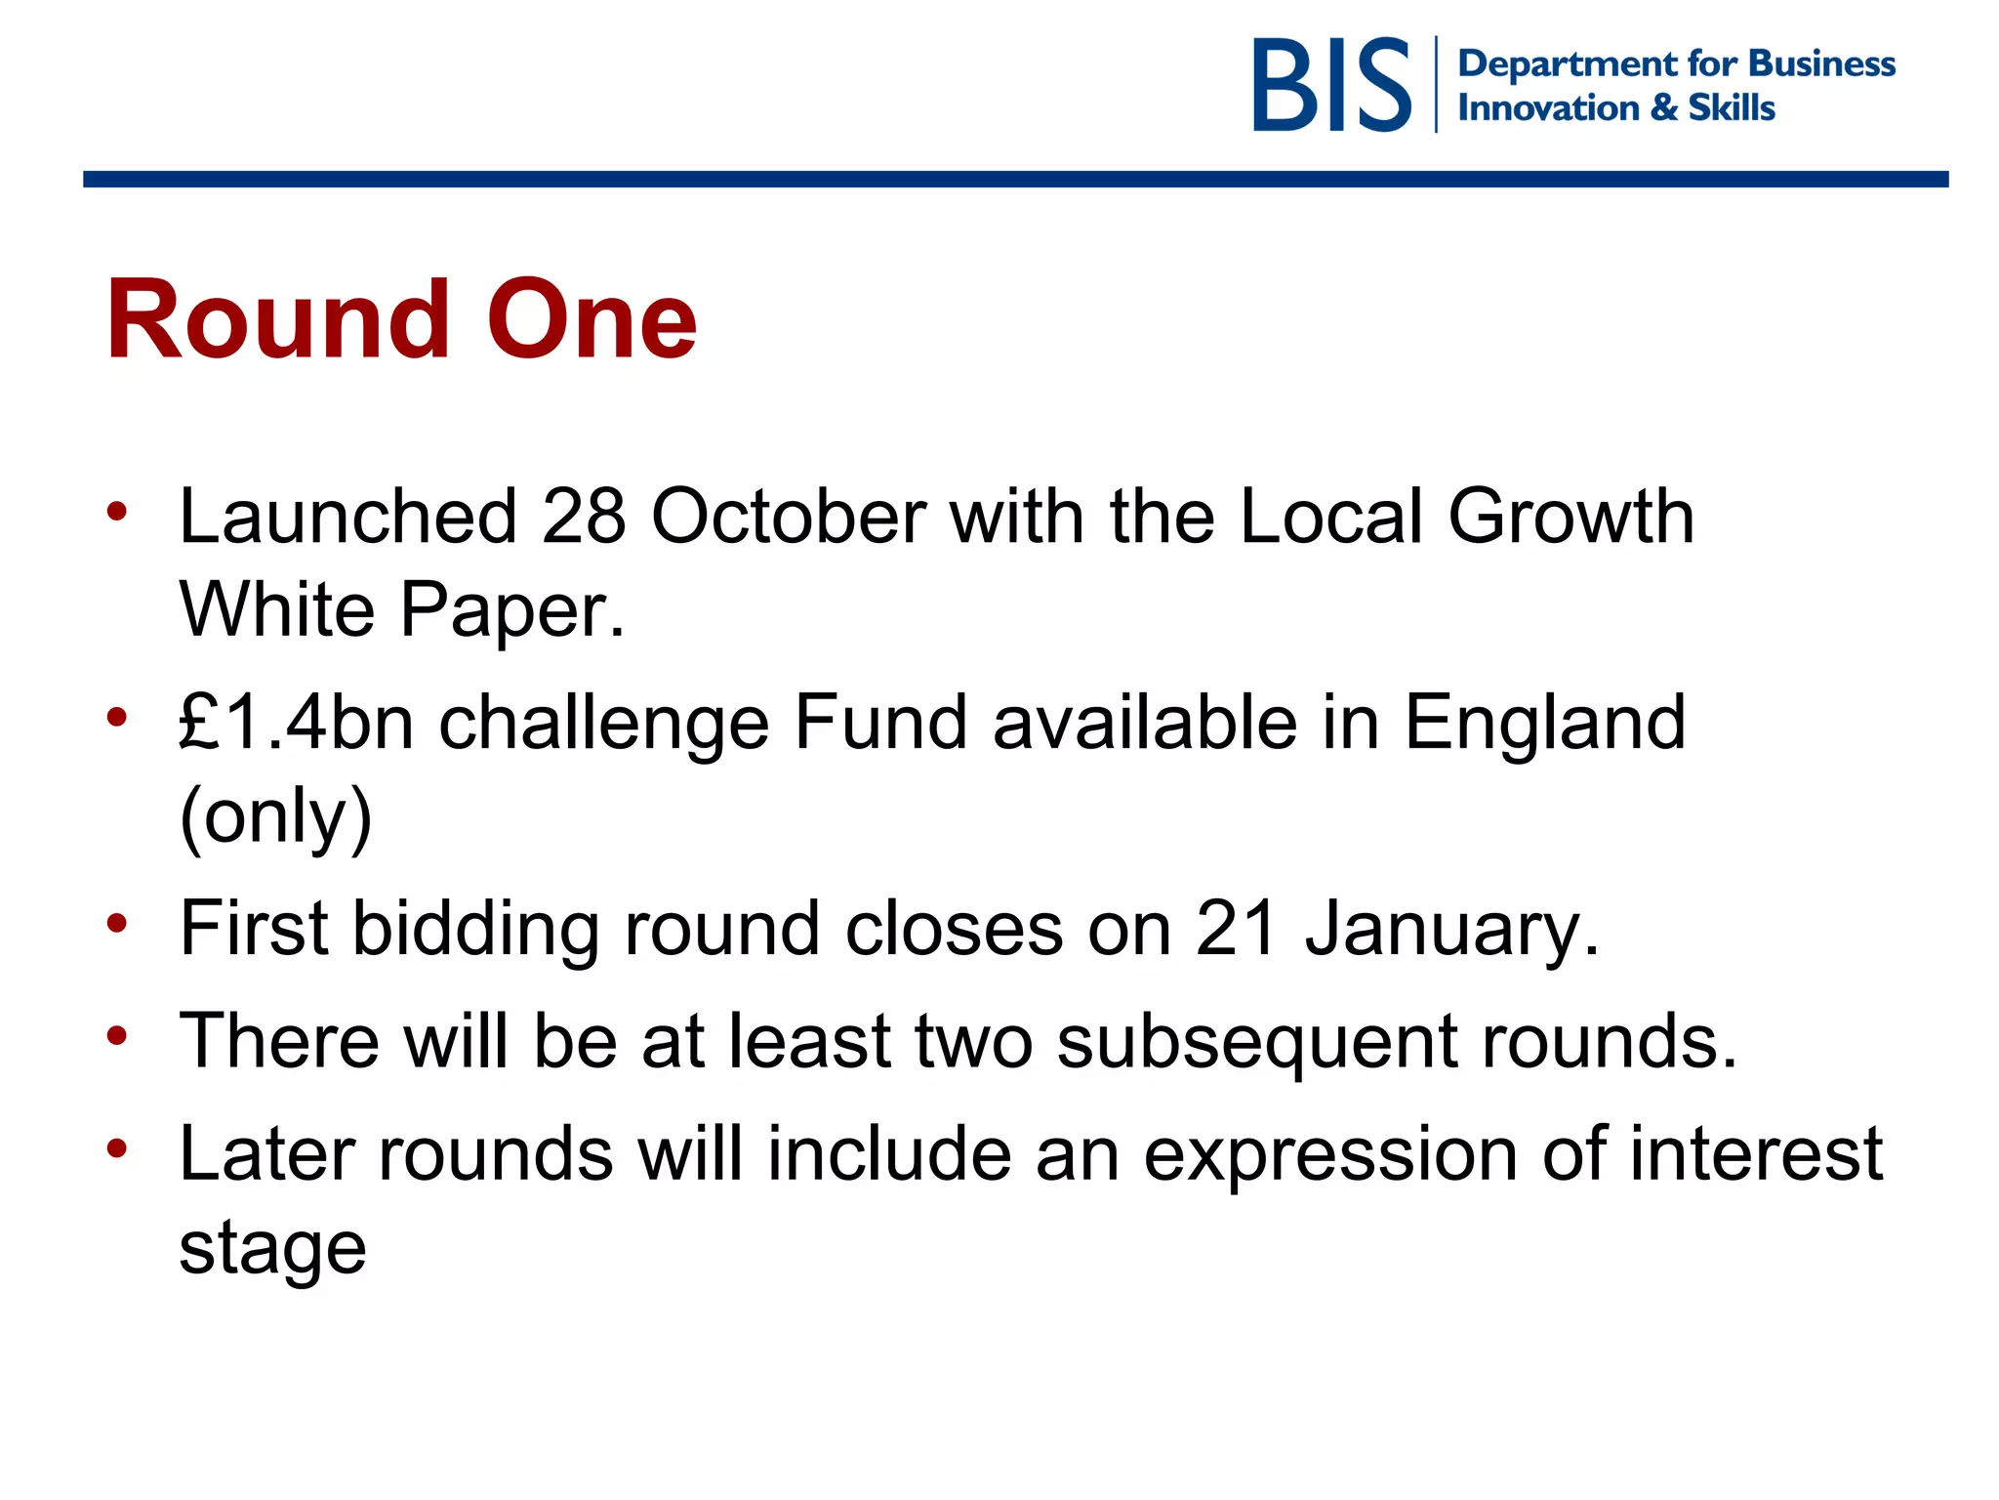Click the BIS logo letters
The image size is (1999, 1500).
pyautogui.click(x=1331, y=85)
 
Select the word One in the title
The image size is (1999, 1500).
pyautogui.click(x=592, y=320)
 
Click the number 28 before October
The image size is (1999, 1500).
pyautogui.click(x=583, y=517)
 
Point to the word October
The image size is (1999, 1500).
pyautogui.click(x=788, y=517)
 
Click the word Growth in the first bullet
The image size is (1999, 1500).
pyautogui.click(x=1571, y=517)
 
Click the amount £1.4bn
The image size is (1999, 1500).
pyautogui.click(x=297, y=723)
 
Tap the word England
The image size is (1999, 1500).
pyautogui.click(x=1544, y=723)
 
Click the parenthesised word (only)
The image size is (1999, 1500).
pyautogui.click(x=276, y=816)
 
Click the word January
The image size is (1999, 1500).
pyautogui.click(x=1451, y=929)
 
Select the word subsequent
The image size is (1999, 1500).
pyautogui.click(x=1257, y=1041)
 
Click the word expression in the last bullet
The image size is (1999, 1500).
pyautogui.click(x=1329, y=1154)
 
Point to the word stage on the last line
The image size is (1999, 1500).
pyautogui.click(x=272, y=1248)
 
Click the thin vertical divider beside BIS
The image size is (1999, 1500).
pyautogui.click(x=1436, y=85)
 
